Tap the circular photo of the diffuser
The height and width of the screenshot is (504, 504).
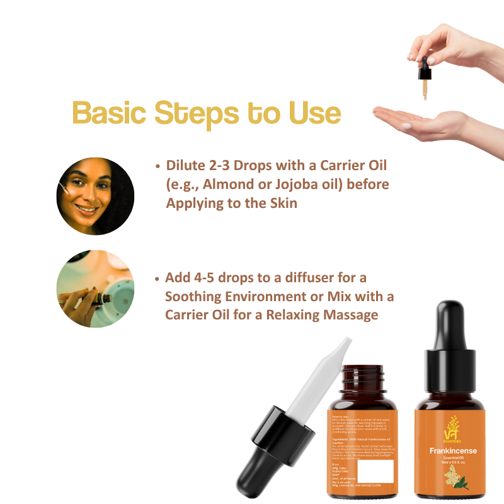95,289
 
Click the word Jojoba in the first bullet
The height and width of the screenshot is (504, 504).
306,184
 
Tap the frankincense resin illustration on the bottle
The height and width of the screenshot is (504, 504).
452,480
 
